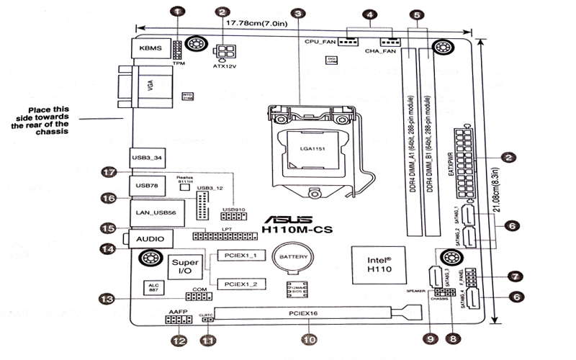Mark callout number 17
point(109,173)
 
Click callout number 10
point(309,338)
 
